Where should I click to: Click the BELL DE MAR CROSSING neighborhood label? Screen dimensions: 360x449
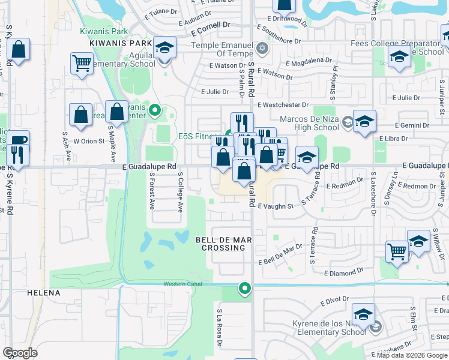pyautogui.click(x=223, y=244)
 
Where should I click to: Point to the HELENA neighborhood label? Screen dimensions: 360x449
pyautogui.click(x=44, y=293)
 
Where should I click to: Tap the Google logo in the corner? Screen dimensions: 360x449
pyautogui.click(x=20, y=353)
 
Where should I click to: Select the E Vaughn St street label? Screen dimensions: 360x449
pyautogui.click(x=275, y=206)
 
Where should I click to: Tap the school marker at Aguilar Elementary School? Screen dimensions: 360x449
pyautogui.click(x=164, y=48)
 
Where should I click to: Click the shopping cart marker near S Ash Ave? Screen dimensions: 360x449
pyautogui.click(x=81, y=63)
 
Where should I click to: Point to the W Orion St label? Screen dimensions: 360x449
pyautogui.click(x=89, y=142)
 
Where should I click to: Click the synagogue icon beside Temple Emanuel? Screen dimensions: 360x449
pyautogui.click(x=261, y=48)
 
